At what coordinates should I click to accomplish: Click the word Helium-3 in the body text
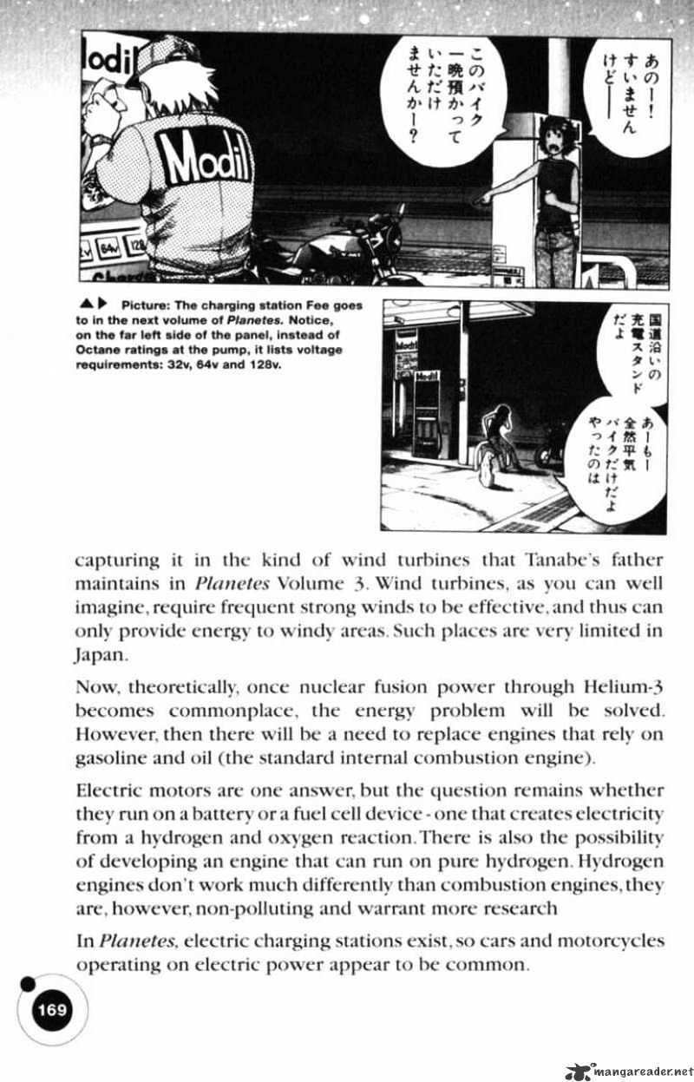624,687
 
